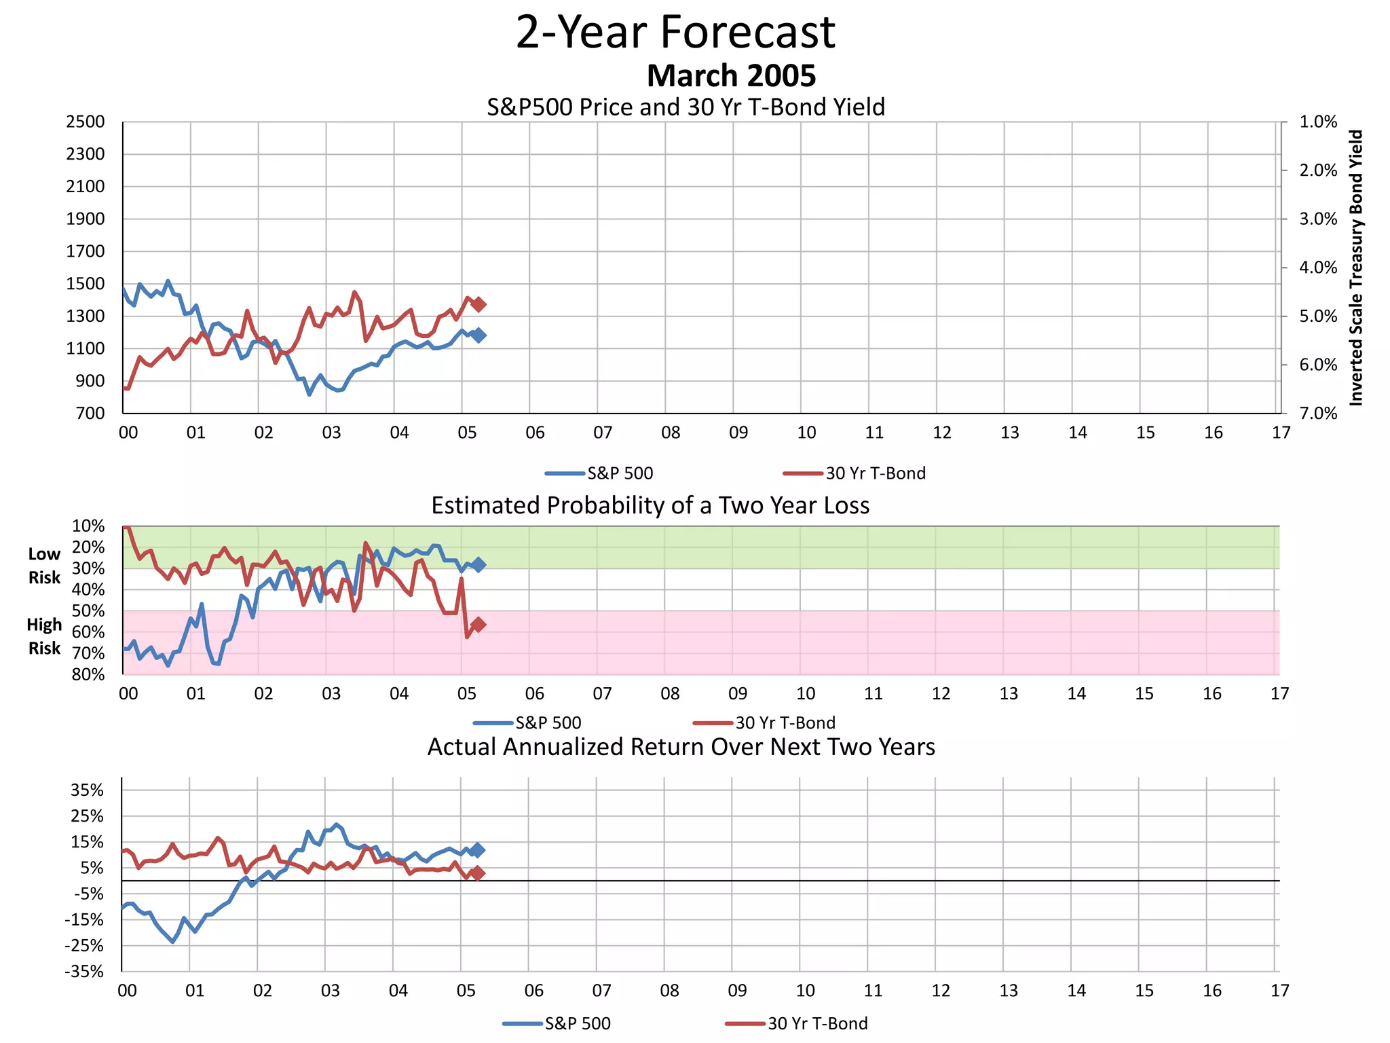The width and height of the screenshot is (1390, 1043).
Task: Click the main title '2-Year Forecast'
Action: [x=675, y=33]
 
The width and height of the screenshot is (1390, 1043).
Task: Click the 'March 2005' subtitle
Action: [x=731, y=76]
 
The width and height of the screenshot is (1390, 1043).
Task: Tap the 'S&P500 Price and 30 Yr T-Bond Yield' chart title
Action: [x=685, y=107]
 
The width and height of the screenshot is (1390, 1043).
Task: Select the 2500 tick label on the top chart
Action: [x=86, y=122]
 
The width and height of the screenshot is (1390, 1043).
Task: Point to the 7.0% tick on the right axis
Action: [x=1317, y=414]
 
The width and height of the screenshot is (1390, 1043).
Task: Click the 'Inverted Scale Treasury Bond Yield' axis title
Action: [x=1355, y=268]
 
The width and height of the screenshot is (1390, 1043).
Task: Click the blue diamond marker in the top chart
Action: [x=478, y=335]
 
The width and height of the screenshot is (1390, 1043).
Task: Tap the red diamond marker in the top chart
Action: [x=478, y=304]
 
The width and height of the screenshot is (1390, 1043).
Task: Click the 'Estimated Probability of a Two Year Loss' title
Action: [x=650, y=506]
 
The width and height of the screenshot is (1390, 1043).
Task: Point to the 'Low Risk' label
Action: [x=44, y=566]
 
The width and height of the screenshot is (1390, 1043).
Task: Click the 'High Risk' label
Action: [x=44, y=636]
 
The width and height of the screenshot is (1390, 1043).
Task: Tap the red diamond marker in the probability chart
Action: [x=478, y=624]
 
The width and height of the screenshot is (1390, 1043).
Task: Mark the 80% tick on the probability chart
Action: [x=88, y=674]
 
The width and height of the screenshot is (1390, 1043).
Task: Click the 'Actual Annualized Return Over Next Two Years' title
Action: [x=681, y=747]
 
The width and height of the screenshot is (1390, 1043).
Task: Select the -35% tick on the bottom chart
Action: [x=85, y=972]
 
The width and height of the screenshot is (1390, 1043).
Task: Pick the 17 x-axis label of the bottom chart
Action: [x=1279, y=991]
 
